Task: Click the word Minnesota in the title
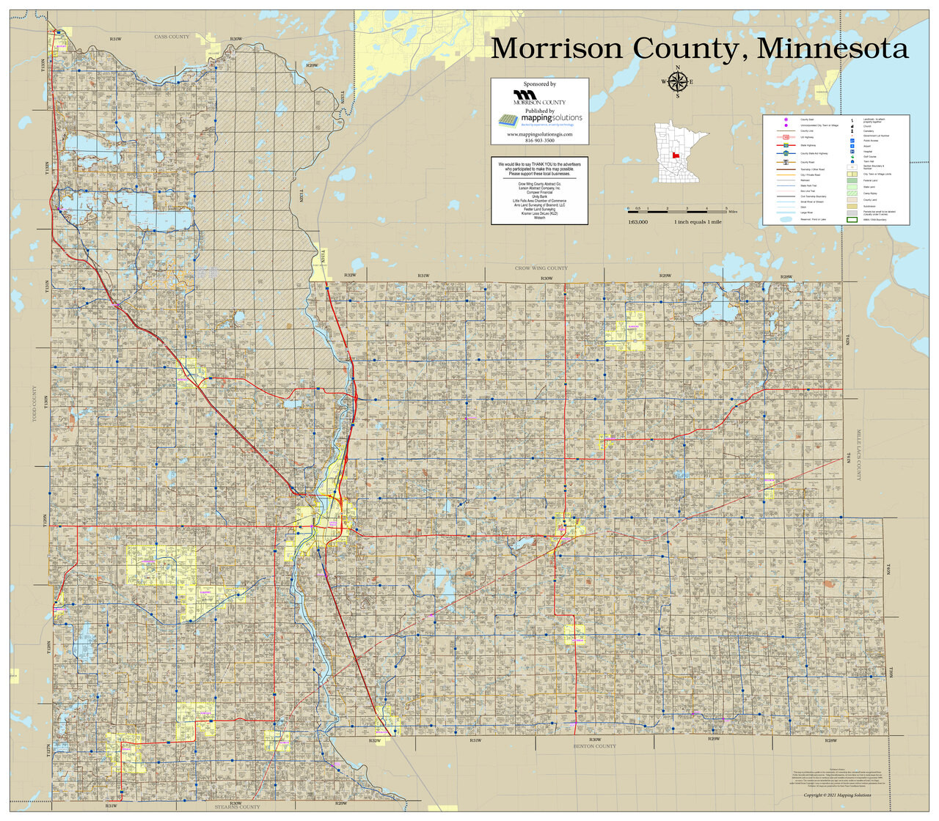pyautogui.click(x=833, y=48)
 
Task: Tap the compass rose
pyautogui.click(x=677, y=82)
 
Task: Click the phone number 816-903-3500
pyautogui.click(x=540, y=141)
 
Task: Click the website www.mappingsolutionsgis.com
pyautogui.click(x=540, y=135)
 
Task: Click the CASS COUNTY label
pyautogui.click(x=171, y=37)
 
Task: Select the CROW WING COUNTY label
pyautogui.click(x=541, y=268)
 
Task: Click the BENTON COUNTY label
pyautogui.click(x=595, y=746)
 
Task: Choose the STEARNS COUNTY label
pyautogui.click(x=237, y=806)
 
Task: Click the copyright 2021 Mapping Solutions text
pyautogui.click(x=837, y=795)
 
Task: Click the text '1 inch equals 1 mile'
pyautogui.click(x=698, y=221)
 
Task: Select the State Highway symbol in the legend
pyautogui.click(x=786, y=145)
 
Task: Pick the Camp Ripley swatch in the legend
pyautogui.click(x=852, y=194)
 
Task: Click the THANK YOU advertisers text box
pyautogui.click(x=540, y=189)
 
